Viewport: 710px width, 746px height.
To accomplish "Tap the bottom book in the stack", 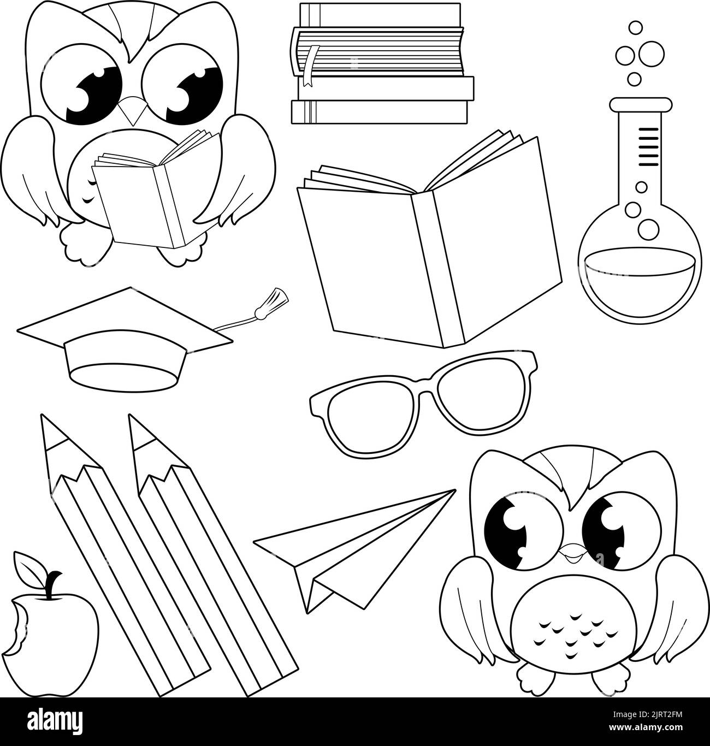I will click(380, 112).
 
